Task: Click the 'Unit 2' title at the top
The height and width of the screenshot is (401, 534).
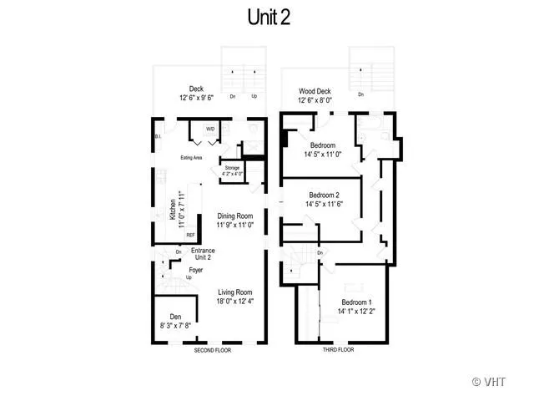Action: tap(269, 18)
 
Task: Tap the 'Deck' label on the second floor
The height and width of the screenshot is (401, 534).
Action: tap(196, 89)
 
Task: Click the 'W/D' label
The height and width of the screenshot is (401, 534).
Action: tap(210, 129)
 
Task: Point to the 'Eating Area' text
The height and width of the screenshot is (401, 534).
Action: tap(193, 157)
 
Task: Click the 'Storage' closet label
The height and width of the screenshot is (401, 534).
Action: tap(232, 168)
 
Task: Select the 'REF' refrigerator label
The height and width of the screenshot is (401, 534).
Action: tap(190, 236)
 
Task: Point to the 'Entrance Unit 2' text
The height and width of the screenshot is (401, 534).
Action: tap(203, 254)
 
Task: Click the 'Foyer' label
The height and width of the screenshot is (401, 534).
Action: tap(196, 270)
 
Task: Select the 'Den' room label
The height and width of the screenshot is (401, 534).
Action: tap(175, 317)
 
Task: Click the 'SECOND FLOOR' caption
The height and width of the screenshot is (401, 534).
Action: tap(213, 350)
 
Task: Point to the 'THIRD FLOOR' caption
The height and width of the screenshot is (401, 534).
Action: tap(338, 350)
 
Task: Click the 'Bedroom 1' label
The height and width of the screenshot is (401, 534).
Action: tap(357, 302)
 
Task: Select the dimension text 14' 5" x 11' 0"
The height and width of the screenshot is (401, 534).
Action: tap(320, 154)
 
